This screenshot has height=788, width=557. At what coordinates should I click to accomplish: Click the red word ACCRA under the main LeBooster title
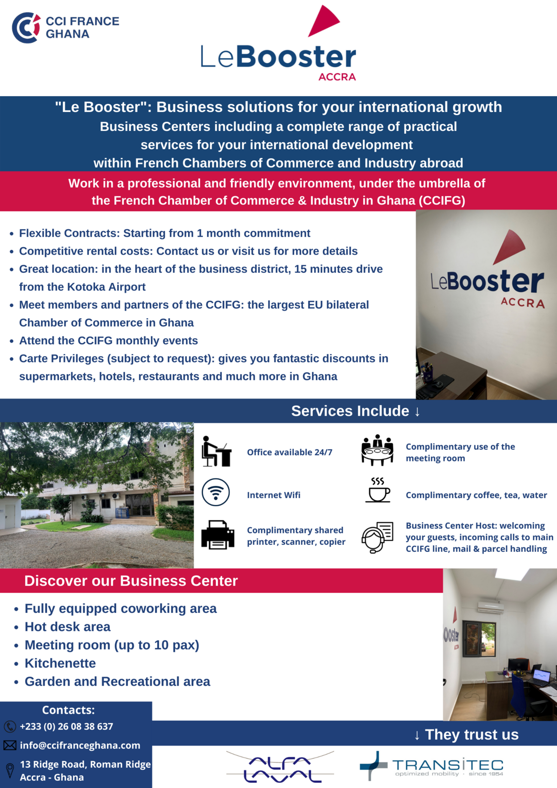[x=337, y=77]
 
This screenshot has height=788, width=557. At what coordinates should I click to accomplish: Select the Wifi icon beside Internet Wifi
[x=216, y=492]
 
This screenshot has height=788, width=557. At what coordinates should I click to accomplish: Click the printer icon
[x=218, y=535]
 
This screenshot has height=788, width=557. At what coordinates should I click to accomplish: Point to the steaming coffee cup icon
[x=378, y=490]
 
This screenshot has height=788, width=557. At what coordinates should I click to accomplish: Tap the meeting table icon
[x=377, y=450]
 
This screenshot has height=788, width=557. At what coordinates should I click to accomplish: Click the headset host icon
[x=377, y=537]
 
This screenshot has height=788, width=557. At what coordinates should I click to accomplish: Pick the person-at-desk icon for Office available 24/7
[x=216, y=451]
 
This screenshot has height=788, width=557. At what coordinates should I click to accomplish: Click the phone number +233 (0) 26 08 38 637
[x=66, y=727]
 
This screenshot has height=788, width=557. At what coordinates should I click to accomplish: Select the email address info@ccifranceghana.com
[x=80, y=746]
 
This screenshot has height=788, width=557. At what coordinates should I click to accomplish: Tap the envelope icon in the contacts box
[x=10, y=746]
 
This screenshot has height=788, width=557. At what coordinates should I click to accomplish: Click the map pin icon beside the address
[x=10, y=770]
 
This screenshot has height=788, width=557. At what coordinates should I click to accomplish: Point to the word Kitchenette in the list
[x=60, y=663]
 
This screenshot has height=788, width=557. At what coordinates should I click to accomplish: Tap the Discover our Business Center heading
[x=131, y=581]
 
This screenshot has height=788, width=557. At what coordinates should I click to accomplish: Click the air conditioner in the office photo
[x=490, y=608]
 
